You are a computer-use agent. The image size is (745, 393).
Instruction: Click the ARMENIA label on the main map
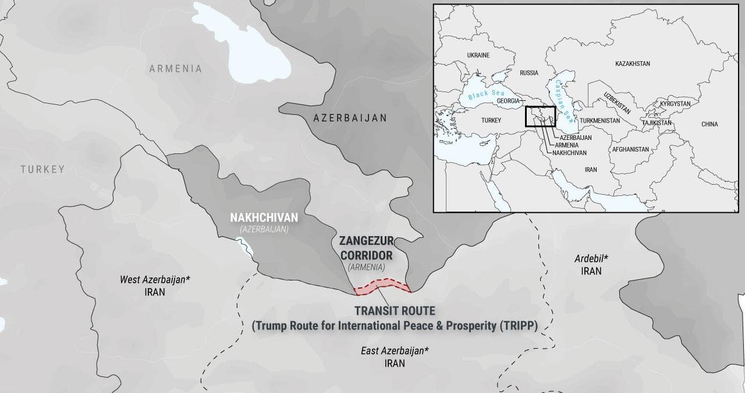tap(175, 69)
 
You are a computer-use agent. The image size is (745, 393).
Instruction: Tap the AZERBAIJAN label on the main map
tap(350, 118)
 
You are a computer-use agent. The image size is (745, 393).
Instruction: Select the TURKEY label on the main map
tap(42, 170)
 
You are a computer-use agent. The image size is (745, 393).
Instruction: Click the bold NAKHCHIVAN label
tap(264, 217)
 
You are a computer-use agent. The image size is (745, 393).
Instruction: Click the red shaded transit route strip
tap(382, 286)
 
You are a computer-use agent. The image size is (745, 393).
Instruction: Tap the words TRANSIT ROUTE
tap(394, 311)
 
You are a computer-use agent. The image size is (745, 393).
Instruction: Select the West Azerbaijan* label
tap(155, 279)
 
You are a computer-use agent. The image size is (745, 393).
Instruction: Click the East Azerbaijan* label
tap(395, 350)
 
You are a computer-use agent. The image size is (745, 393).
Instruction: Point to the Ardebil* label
tap(591, 258)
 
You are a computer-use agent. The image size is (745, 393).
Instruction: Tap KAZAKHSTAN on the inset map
tap(632, 63)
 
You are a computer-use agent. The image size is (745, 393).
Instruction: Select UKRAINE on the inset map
tap(478, 55)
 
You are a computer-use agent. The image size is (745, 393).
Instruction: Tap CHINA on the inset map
tap(709, 124)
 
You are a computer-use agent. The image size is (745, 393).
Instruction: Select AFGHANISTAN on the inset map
tap(630, 149)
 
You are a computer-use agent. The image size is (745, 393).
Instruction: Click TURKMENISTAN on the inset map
tap(599, 121)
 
